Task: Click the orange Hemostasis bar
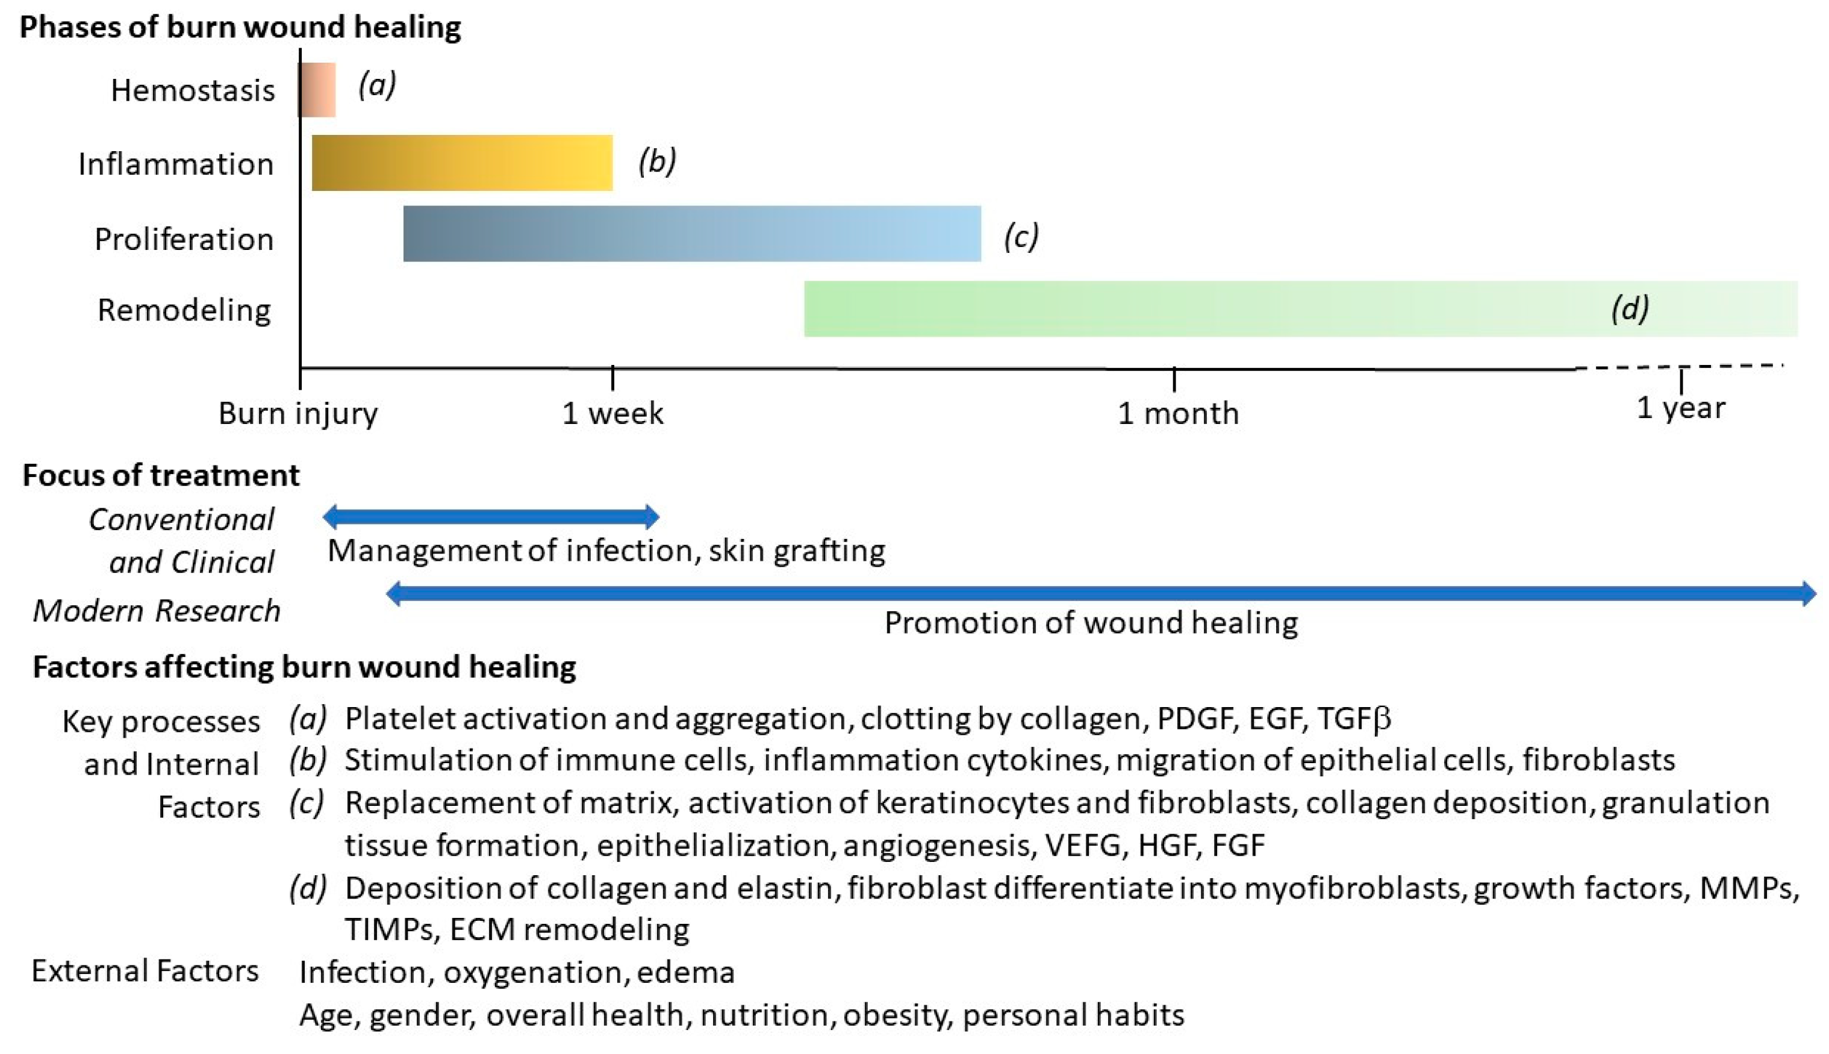[x=317, y=90]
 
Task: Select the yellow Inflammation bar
[x=462, y=163]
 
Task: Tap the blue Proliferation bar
[x=691, y=234]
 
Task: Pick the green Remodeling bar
[x=1230, y=309]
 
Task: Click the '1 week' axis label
[x=612, y=413]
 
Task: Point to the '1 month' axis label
[x=1177, y=413]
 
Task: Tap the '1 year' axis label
[x=1681, y=408]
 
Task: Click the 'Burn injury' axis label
[x=298, y=413]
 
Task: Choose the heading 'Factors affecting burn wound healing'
[x=304, y=667]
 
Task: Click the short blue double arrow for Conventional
[x=491, y=516]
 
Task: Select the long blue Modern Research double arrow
[x=1100, y=594]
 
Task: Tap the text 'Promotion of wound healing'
[x=1091, y=623]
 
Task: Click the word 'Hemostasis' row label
[x=193, y=90]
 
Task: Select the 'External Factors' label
[x=145, y=971]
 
